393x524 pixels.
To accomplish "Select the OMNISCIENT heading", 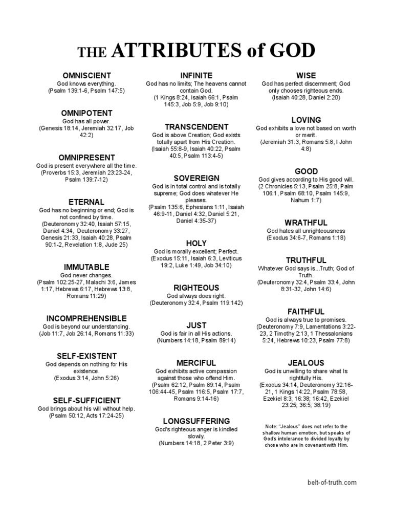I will pos(86,76).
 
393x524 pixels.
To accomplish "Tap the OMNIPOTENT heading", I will pos(86,113).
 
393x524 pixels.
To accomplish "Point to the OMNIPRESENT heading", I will pos(86,158).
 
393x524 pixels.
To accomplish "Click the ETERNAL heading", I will pos(86,202).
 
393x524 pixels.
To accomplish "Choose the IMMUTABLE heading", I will pos(86,267).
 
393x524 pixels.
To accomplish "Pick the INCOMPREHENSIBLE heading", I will pos(86,318).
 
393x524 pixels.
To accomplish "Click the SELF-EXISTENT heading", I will pos(86,356).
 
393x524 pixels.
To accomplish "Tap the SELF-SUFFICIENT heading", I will pos(86,400).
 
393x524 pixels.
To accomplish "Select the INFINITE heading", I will pos(196,76).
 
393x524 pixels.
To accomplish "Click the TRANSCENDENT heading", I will pos(196,127).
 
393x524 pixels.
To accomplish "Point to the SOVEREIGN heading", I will pos(196,178).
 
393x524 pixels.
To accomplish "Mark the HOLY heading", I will pos(196,243).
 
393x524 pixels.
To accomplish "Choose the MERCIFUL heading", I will pos(196,363).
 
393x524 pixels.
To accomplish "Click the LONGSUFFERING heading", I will pos(196,421).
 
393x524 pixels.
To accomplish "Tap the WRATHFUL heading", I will pos(306,223).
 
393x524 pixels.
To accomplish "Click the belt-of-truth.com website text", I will pos(332,482).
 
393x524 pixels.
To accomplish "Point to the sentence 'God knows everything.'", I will pos(86,83).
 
